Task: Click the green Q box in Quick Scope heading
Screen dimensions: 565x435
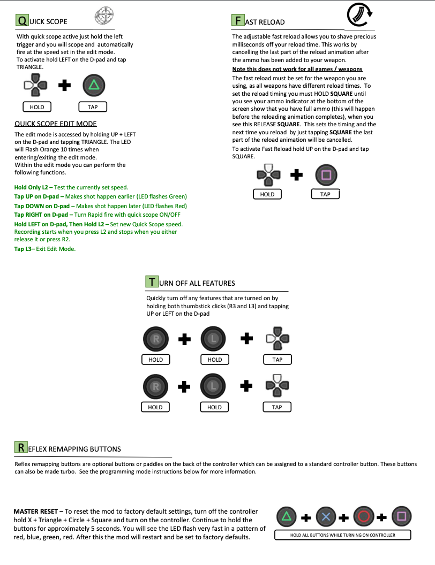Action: [x=21, y=21]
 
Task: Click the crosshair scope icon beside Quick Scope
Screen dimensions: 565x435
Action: [x=104, y=16]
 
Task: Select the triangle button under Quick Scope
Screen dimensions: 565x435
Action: [x=94, y=85]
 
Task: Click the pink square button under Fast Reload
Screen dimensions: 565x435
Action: [x=326, y=174]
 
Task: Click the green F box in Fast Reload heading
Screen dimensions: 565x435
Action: [x=237, y=21]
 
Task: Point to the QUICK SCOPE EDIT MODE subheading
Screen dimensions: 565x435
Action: [x=56, y=124]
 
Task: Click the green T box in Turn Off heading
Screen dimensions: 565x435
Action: [x=152, y=282]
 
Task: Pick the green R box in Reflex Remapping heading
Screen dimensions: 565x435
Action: [x=20, y=447]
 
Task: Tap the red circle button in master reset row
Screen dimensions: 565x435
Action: [x=364, y=517]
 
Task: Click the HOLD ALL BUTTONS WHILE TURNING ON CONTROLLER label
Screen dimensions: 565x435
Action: [x=342, y=535]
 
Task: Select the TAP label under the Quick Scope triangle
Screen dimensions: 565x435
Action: [x=93, y=107]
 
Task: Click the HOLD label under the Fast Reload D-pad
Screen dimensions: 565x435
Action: [x=267, y=194]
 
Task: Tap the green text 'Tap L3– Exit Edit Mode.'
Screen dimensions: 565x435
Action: [x=45, y=249]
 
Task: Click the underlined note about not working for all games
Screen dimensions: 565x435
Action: [x=297, y=69]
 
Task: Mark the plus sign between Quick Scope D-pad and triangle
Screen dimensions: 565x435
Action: [x=65, y=86]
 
